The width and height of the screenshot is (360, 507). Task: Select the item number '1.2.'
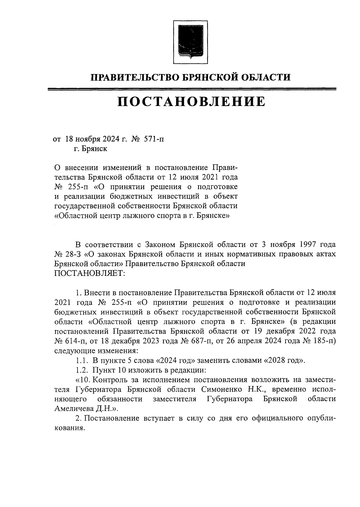coord(82,370)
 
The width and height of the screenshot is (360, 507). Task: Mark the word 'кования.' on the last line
coord(68,428)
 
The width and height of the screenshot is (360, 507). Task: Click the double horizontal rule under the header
coord(192,89)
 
